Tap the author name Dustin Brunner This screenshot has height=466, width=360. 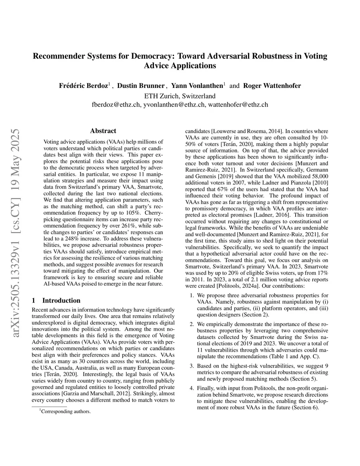click(141, 86)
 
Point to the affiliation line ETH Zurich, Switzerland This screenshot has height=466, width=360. click(180, 96)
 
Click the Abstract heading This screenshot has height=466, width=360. click(103, 131)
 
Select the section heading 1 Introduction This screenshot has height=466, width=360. click(56, 300)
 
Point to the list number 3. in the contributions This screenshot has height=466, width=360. click(192, 366)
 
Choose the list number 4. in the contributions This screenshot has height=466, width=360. click(192, 388)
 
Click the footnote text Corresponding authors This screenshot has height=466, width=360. click(66, 411)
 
